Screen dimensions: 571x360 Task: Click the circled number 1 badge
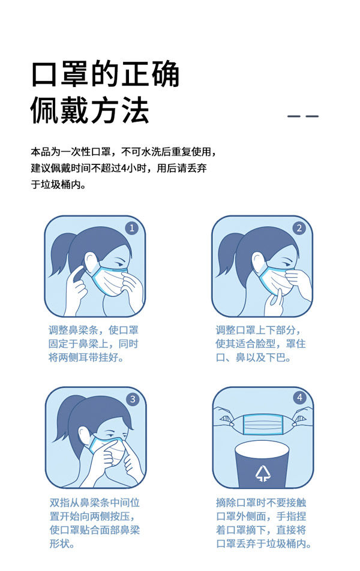[x=132, y=228]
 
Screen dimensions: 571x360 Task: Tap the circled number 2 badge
[x=299, y=228]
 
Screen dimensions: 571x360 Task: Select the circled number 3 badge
[x=133, y=399]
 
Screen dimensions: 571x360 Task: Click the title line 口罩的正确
[x=105, y=75]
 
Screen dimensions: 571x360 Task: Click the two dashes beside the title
[x=303, y=116]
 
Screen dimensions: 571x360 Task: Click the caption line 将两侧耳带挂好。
[x=86, y=358]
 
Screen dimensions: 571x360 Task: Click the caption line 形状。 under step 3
[x=62, y=544]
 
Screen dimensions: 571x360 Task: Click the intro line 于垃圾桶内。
[x=58, y=185]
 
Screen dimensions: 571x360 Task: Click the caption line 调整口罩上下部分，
[x=259, y=330]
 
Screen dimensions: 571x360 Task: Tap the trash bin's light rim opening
[x=262, y=449]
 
